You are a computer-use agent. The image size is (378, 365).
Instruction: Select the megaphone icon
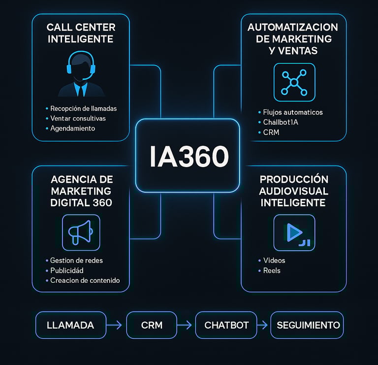81,232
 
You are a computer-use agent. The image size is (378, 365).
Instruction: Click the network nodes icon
294,82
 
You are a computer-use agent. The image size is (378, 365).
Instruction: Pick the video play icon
294,232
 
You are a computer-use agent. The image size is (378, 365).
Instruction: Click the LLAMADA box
70,325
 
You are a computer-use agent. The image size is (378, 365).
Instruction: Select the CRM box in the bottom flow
152,325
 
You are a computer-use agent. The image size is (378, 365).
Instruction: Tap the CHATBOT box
226,325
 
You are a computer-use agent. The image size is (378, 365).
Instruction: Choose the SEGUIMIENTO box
308,325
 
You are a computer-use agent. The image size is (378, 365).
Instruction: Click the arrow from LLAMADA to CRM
116,325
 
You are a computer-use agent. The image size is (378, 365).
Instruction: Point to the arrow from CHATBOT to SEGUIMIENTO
263,325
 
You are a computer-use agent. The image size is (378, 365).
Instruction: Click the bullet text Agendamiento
72,128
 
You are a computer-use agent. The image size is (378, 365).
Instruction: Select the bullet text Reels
272,270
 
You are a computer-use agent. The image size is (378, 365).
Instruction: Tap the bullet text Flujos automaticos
293,112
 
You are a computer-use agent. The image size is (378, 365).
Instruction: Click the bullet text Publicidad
67,270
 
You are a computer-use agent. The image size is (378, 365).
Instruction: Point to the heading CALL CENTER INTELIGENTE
80,33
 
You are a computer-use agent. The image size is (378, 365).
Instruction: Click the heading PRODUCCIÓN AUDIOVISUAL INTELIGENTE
294,191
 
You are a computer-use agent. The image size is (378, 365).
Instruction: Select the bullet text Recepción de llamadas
84,108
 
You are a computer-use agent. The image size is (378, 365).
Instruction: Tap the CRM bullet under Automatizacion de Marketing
271,132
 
